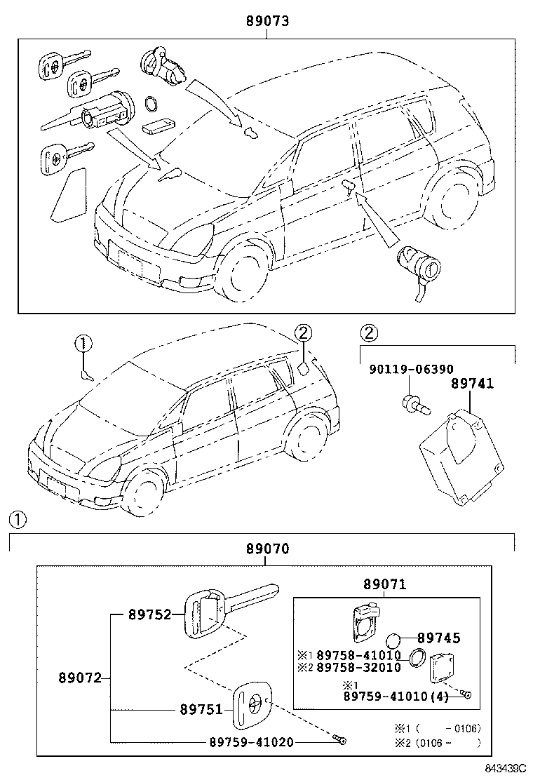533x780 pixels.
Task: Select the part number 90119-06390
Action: tap(411, 369)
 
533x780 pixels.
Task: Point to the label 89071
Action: tap(384, 584)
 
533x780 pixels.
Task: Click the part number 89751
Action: tap(203, 709)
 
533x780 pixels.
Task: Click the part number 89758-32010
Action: tap(358, 667)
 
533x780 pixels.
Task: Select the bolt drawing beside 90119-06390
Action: tap(409, 403)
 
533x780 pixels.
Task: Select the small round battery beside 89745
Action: tap(394, 640)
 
